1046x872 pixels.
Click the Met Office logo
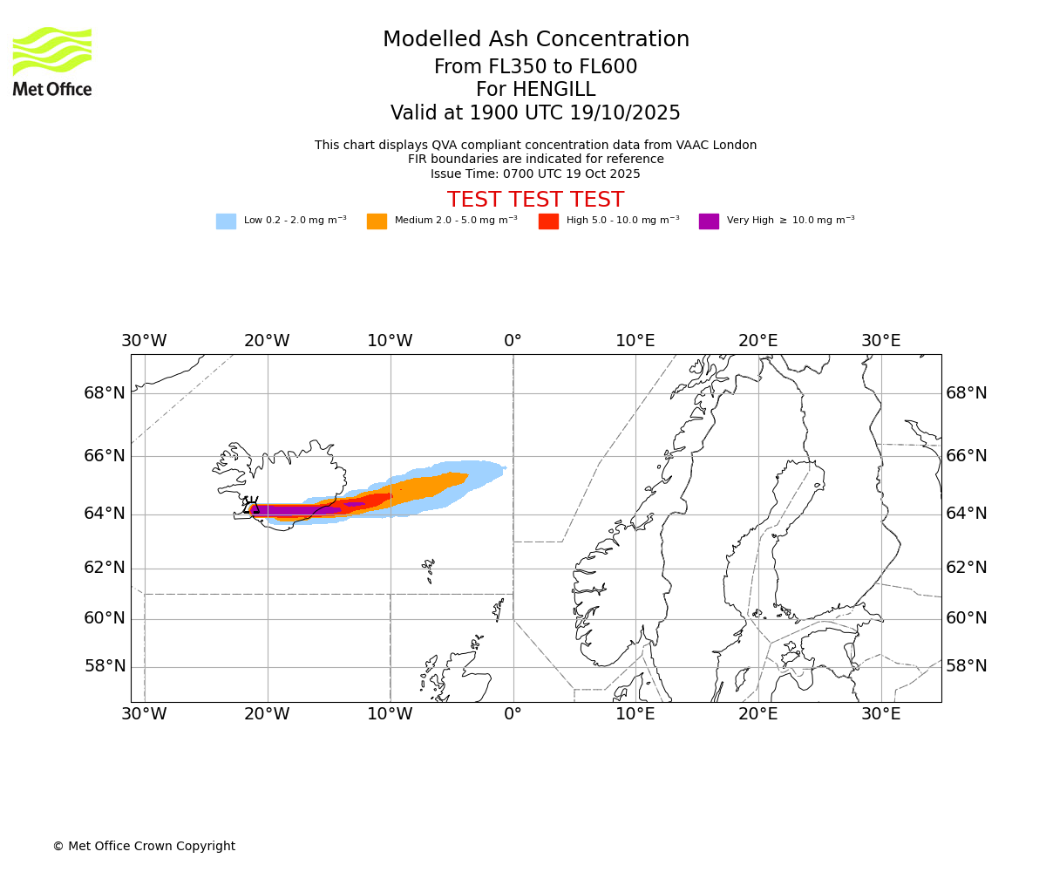coord(52,61)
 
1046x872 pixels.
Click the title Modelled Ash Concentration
coord(535,40)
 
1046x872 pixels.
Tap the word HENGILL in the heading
coord(554,90)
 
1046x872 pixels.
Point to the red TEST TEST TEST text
coord(535,201)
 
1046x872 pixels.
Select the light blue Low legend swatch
coord(226,221)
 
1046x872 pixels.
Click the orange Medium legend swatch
coord(377,221)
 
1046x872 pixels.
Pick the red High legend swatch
coord(548,221)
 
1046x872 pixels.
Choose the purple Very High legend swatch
coord(709,221)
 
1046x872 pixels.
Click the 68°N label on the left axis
coord(105,393)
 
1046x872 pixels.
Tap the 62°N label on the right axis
coord(967,568)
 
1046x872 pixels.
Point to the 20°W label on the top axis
coord(267,341)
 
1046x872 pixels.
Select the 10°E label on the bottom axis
coord(635,715)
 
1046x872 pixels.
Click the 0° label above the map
coord(513,341)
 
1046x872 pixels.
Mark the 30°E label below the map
coord(881,715)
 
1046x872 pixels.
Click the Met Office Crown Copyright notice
coord(144,847)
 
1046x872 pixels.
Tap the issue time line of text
coord(535,174)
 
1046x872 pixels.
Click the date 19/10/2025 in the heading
coord(625,113)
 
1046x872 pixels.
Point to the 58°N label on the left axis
coord(105,666)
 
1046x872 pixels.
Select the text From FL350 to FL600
coord(535,67)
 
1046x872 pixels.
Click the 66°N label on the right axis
coord(967,456)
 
